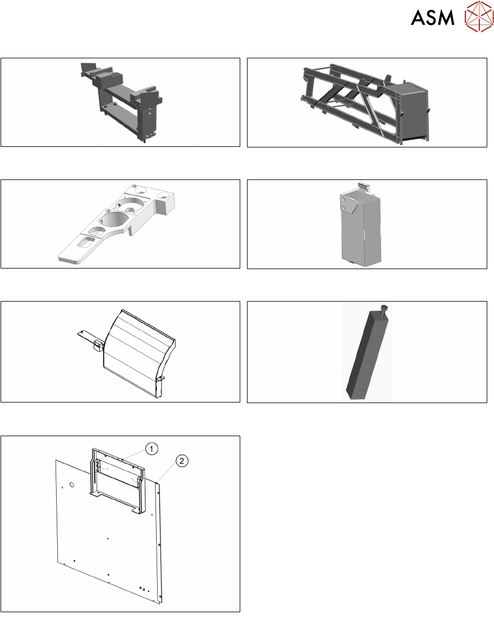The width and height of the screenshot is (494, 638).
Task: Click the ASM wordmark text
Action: coord(432,18)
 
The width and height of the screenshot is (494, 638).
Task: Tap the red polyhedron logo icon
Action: coord(479,16)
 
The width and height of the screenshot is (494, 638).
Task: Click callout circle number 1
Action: coord(152,449)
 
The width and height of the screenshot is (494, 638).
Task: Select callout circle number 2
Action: coord(182,461)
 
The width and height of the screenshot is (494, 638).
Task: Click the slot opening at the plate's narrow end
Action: coord(86,243)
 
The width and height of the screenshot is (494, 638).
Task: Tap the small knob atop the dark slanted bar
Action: coord(383,309)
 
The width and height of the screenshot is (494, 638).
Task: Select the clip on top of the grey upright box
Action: coord(363,187)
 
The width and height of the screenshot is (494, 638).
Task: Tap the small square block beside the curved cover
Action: coord(98,345)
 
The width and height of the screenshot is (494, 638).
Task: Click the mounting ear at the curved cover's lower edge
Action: coord(160,379)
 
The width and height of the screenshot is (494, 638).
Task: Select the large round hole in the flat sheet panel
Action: coord(72,484)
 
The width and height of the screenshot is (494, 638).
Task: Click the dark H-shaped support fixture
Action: coord(122,101)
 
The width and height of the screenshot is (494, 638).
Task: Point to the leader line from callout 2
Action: coord(167,473)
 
